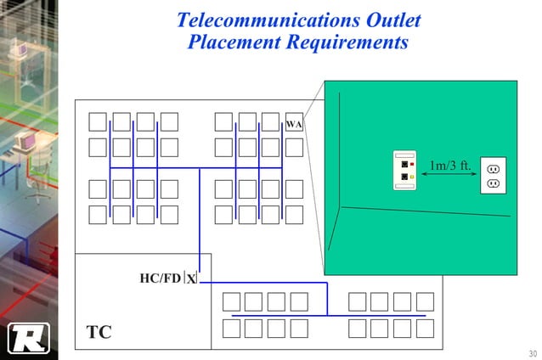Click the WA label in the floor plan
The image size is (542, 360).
pyautogui.click(x=294, y=124)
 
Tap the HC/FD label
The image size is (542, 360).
pyautogui.click(x=160, y=278)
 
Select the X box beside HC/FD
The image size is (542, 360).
pyautogui.click(x=191, y=278)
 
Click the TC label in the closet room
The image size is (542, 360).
pyautogui.click(x=99, y=332)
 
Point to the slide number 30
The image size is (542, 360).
pyautogui.click(x=532, y=353)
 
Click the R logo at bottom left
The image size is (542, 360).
pyautogui.click(x=28, y=338)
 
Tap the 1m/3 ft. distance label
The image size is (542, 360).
pyautogui.click(x=449, y=165)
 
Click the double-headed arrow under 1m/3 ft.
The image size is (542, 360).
pyautogui.click(x=449, y=177)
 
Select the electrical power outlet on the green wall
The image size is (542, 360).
pyautogui.click(x=493, y=175)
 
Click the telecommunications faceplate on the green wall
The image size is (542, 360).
pyautogui.click(x=404, y=171)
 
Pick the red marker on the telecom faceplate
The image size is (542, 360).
pyautogui.click(x=411, y=164)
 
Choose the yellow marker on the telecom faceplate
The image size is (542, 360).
pyautogui.click(x=411, y=177)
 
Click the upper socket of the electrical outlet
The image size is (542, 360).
pyautogui.click(x=493, y=168)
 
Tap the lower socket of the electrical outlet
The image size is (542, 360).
pyautogui.click(x=493, y=183)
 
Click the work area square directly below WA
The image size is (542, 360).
pyautogui.click(x=294, y=148)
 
